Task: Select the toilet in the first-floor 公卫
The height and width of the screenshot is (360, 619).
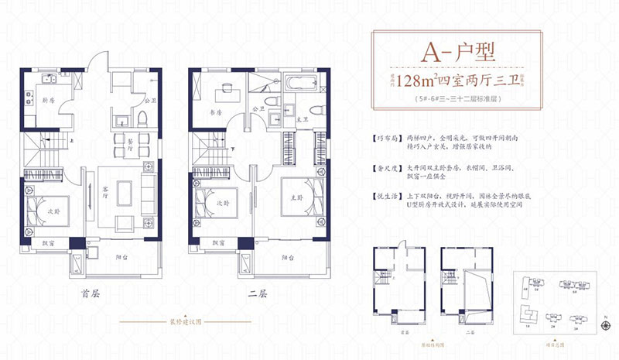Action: (x=143, y=118)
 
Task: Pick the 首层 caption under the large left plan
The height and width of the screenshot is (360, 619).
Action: (x=91, y=295)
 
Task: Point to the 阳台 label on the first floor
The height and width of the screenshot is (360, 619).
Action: (x=122, y=255)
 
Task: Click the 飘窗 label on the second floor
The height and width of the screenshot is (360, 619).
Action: (x=209, y=243)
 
